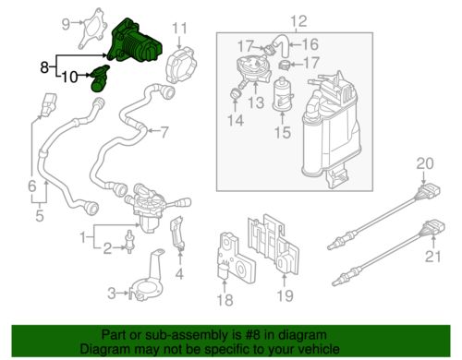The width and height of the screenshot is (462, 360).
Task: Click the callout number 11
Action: (181, 27)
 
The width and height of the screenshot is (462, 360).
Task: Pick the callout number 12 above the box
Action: (296, 21)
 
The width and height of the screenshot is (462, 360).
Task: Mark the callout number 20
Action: (424, 163)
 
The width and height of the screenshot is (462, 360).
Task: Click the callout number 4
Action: (180, 273)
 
